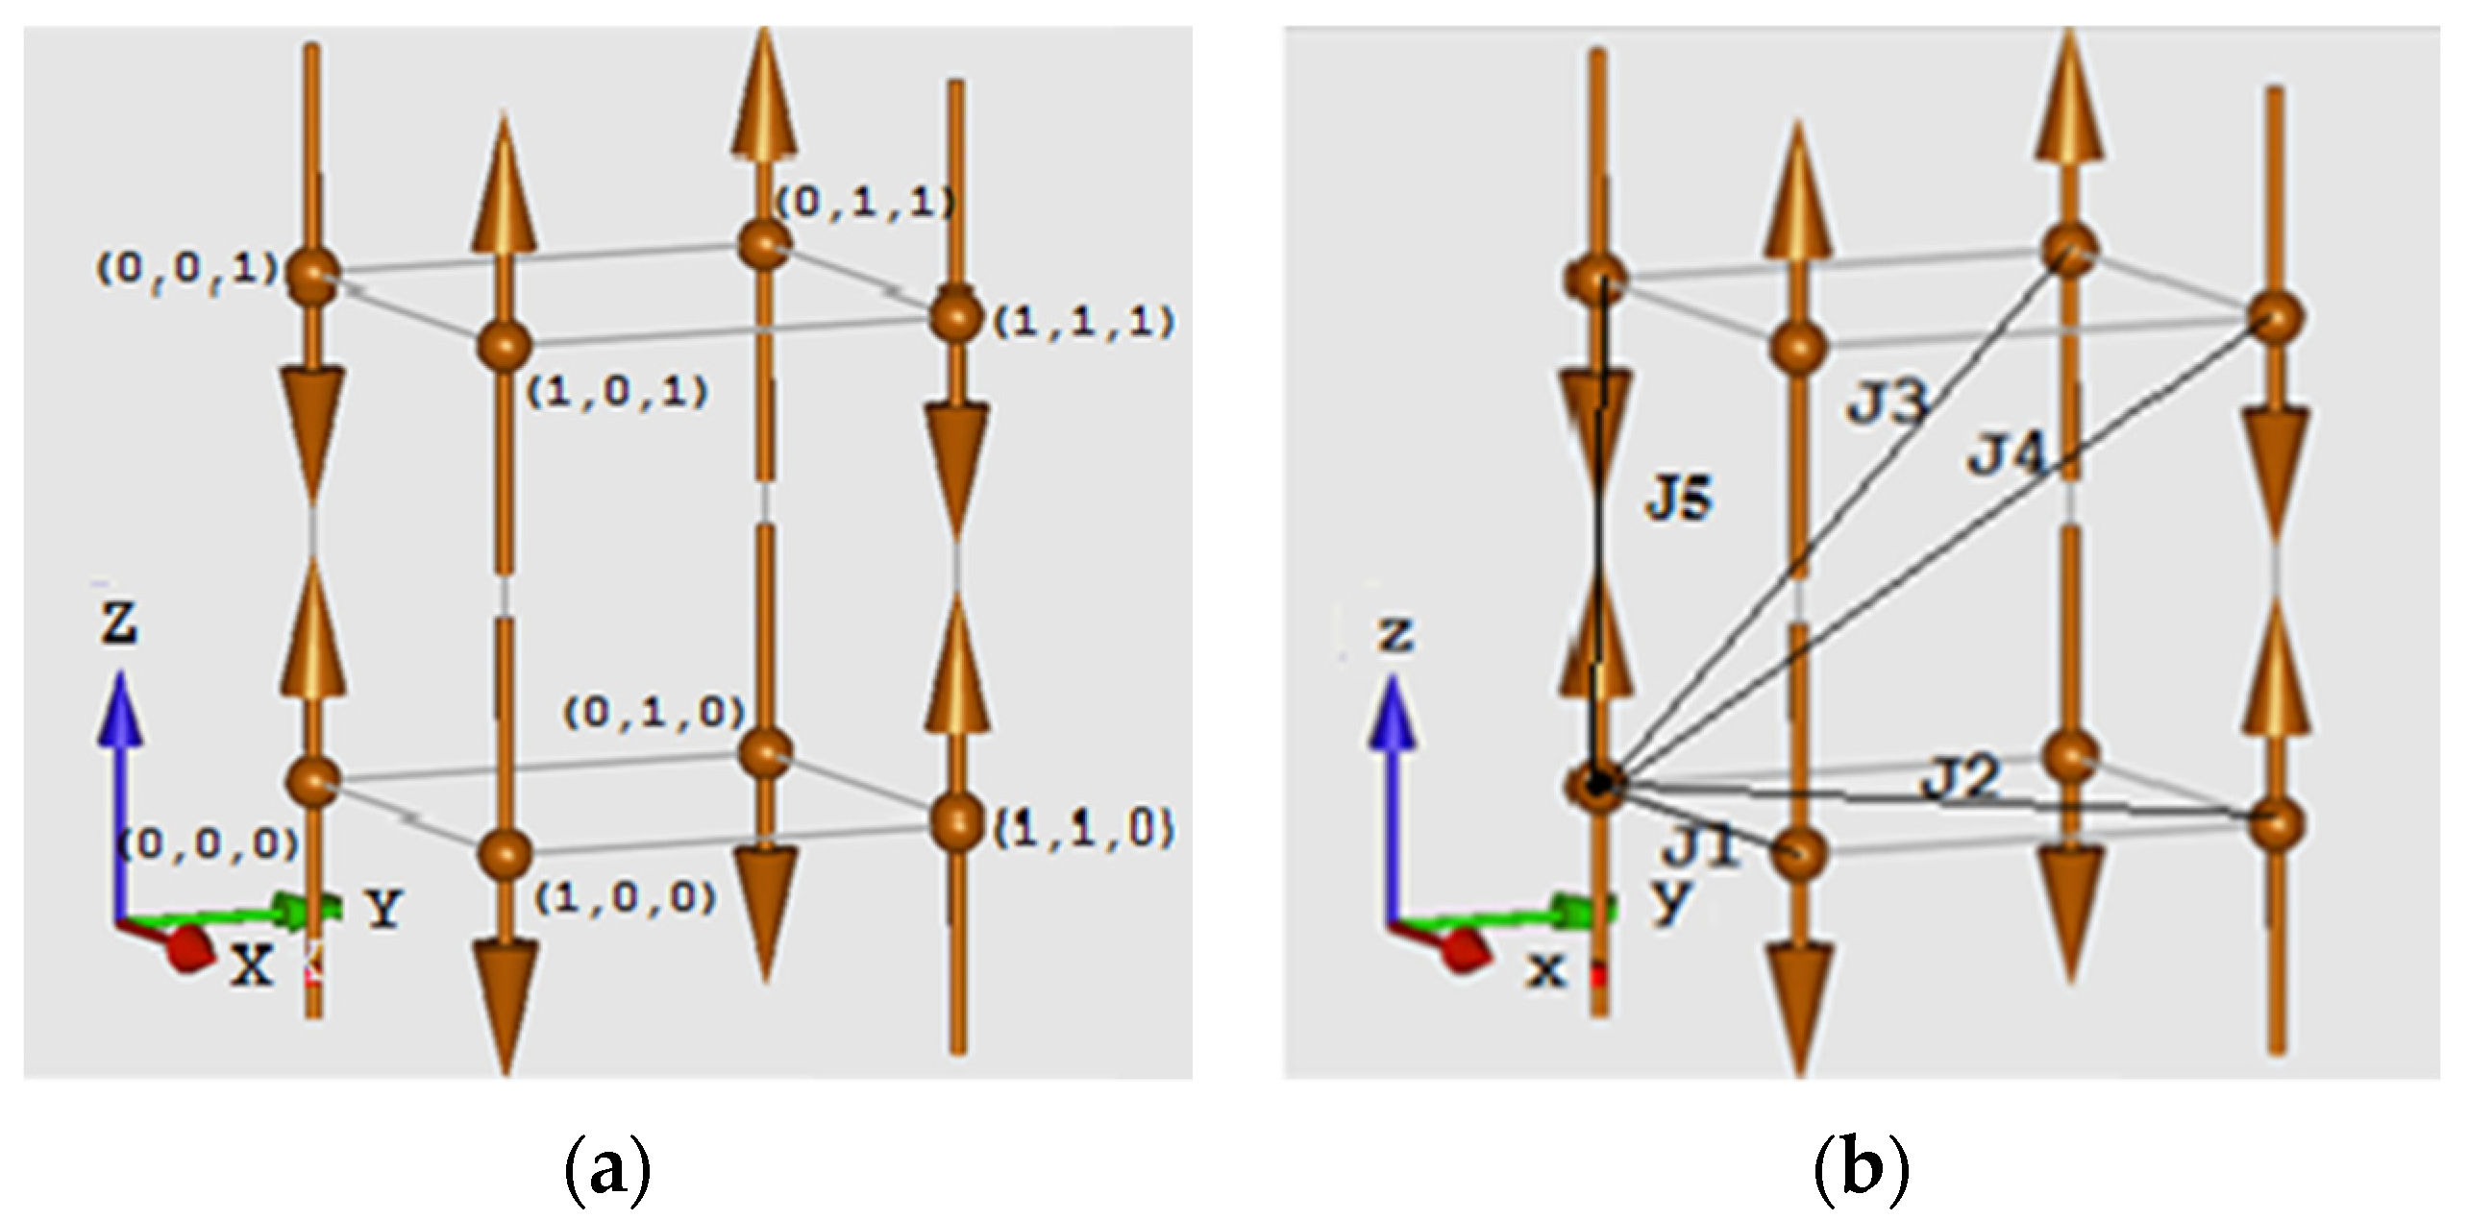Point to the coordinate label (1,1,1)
pyautogui.click(x=1084, y=324)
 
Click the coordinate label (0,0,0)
pyautogui.click(x=208, y=843)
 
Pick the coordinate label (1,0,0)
pyautogui.click(x=626, y=897)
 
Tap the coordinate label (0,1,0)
pyautogui.click(x=654, y=712)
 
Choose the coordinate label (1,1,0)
pyautogui.click(x=1084, y=828)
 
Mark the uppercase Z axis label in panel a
pyautogui.click(x=120, y=623)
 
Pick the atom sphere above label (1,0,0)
pyautogui.click(x=505, y=853)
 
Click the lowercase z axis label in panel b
pyautogui.click(x=1395, y=635)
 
